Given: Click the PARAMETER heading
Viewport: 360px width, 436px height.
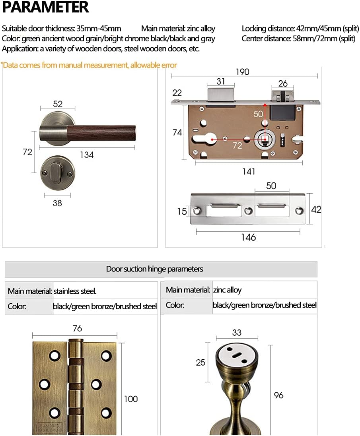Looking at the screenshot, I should coord(45,8).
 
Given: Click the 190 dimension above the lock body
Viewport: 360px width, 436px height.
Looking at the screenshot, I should coord(242,72).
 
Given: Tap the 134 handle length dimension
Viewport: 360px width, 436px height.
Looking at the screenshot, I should coord(87,155).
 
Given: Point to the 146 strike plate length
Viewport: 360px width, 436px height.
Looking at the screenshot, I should coord(248,237).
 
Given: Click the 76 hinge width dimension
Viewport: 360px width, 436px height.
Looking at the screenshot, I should coord(77,328).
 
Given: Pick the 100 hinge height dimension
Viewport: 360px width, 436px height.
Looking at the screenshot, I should coord(131,399).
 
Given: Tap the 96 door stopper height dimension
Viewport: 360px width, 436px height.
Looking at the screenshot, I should coord(278,395).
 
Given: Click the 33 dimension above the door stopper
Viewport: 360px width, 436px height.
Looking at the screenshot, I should coord(237,333).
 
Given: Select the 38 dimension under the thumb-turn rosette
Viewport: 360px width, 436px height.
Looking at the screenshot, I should coord(57,203).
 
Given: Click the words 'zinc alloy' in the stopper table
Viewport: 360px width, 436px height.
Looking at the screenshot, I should coord(227,290).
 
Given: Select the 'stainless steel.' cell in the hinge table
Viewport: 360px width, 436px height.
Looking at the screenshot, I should coord(75,291).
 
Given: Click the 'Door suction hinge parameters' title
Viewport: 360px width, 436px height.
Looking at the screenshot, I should coord(154,269).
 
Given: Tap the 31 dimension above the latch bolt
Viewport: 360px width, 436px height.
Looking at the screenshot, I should coord(221,81).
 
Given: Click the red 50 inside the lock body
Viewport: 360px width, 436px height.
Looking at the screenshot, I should coord(258,114).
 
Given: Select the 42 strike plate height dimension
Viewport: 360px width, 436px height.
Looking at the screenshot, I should coord(316,209).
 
